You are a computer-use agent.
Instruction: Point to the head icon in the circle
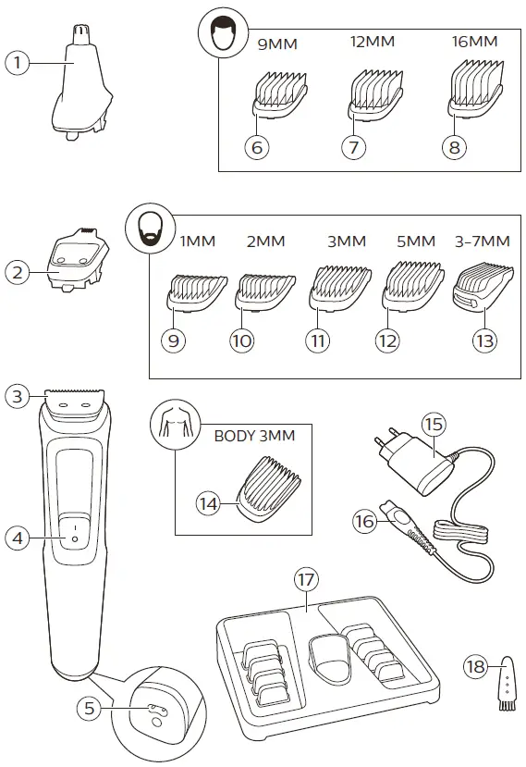(220, 39)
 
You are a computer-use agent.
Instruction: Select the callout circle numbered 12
(387, 340)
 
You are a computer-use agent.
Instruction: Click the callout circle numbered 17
(304, 580)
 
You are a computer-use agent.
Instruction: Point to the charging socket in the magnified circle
(153, 708)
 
